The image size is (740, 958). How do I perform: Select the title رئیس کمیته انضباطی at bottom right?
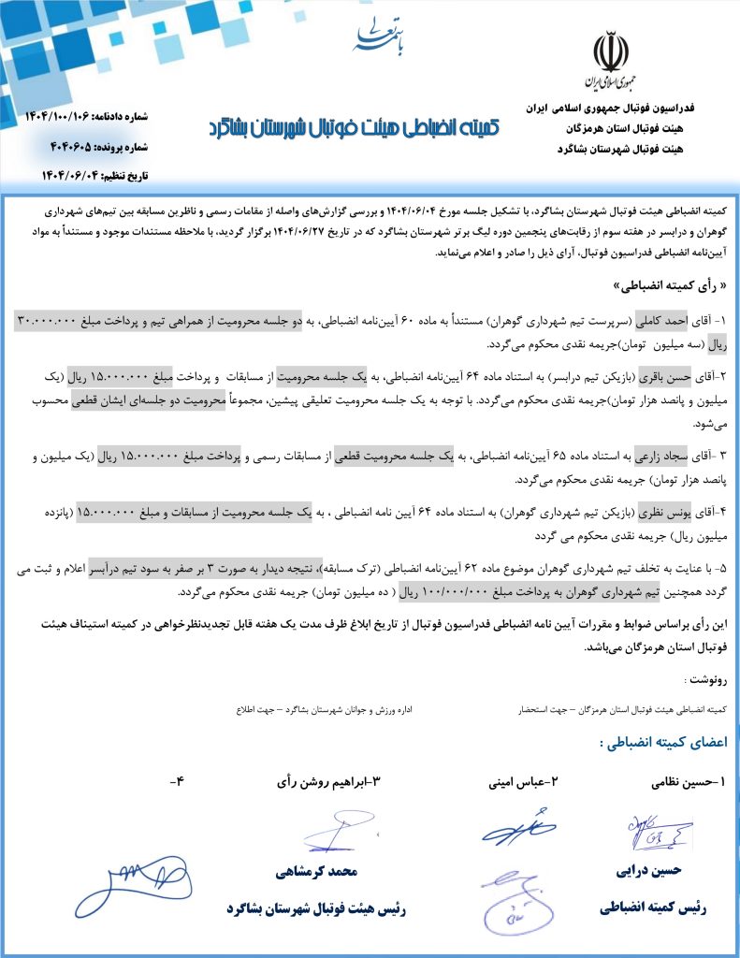[x=653, y=907]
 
